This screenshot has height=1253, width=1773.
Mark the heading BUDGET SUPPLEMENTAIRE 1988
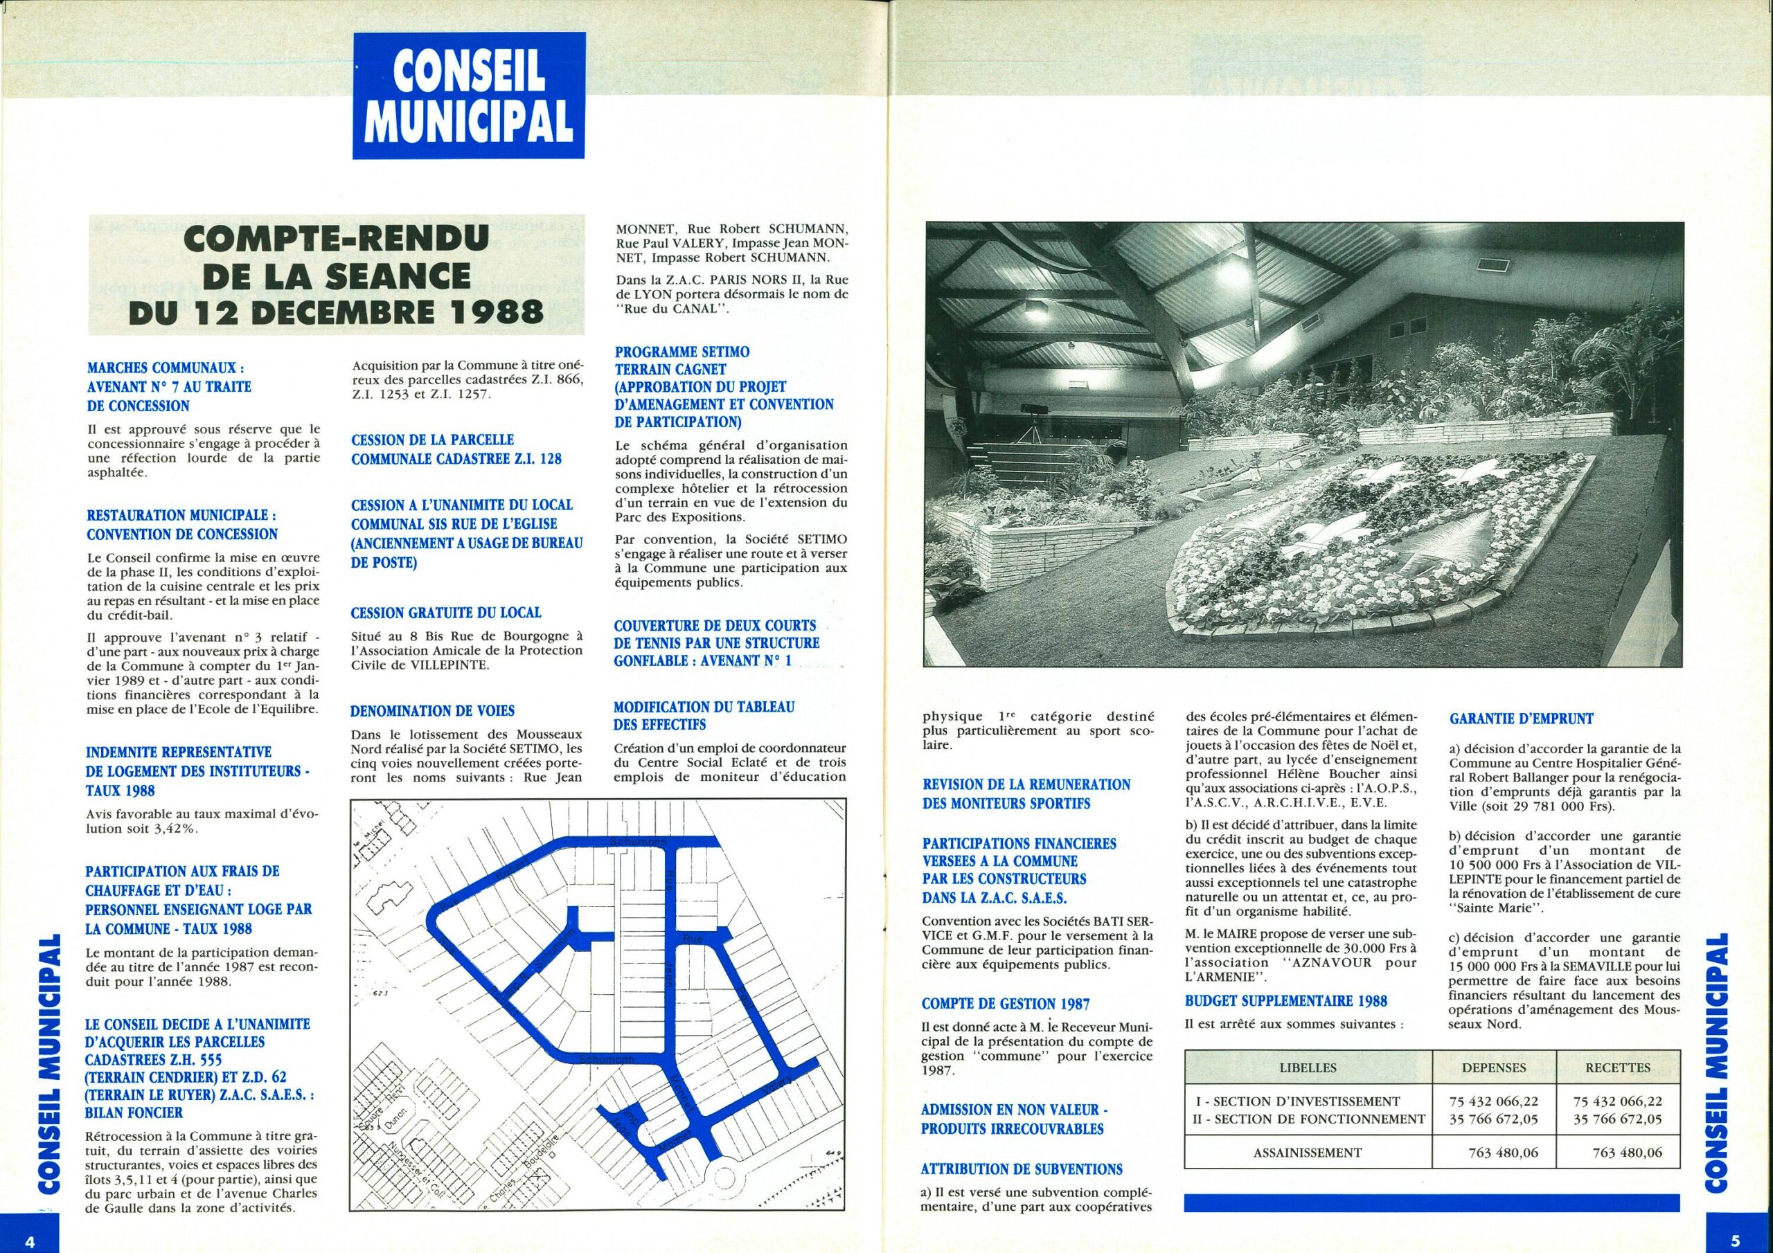1285,1000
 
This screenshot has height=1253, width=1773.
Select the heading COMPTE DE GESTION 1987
1006,1004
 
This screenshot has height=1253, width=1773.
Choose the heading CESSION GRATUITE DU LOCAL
445,612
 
